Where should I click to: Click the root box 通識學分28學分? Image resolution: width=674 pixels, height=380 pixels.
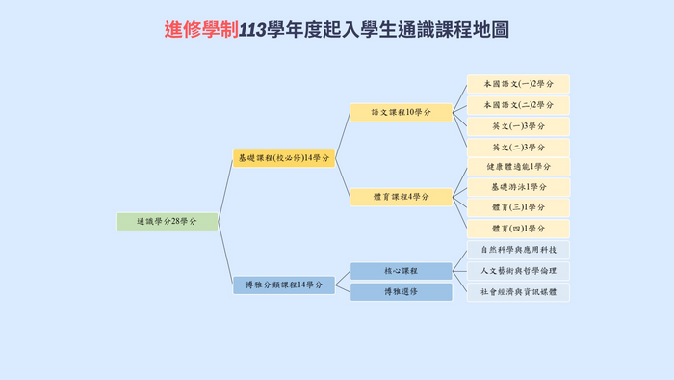click(167, 222)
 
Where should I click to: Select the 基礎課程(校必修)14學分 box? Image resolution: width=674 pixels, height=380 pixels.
click(284, 158)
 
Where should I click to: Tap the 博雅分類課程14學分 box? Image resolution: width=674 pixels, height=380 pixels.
click(284, 285)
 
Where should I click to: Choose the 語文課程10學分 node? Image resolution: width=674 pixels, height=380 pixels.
click(401, 113)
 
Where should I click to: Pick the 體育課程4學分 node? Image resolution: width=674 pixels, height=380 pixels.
click(401, 197)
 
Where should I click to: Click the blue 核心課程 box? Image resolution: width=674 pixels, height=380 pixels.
click(401, 271)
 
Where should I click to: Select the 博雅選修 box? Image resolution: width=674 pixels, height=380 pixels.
click(401, 291)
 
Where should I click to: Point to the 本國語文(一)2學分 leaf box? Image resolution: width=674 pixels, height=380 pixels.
click(518, 84)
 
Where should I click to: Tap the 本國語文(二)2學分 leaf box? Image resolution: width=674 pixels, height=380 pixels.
click(518, 105)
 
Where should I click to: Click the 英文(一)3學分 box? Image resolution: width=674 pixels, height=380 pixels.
click(518, 126)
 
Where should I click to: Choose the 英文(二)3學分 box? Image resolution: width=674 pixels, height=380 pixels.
click(518, 148)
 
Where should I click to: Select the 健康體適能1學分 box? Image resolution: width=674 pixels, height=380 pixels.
click(518, 167)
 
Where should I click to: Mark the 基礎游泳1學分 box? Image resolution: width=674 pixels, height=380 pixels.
click(518, 187)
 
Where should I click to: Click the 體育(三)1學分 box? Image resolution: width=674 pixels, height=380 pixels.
click(518, 207)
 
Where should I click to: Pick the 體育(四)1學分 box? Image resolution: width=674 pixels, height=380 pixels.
click(518, 229)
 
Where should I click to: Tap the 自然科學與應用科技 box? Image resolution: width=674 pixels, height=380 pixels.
click(518, 250)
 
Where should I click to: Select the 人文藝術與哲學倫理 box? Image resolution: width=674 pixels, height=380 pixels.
click(518, 271)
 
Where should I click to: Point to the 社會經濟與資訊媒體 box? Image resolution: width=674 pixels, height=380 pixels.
click(518, 291)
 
